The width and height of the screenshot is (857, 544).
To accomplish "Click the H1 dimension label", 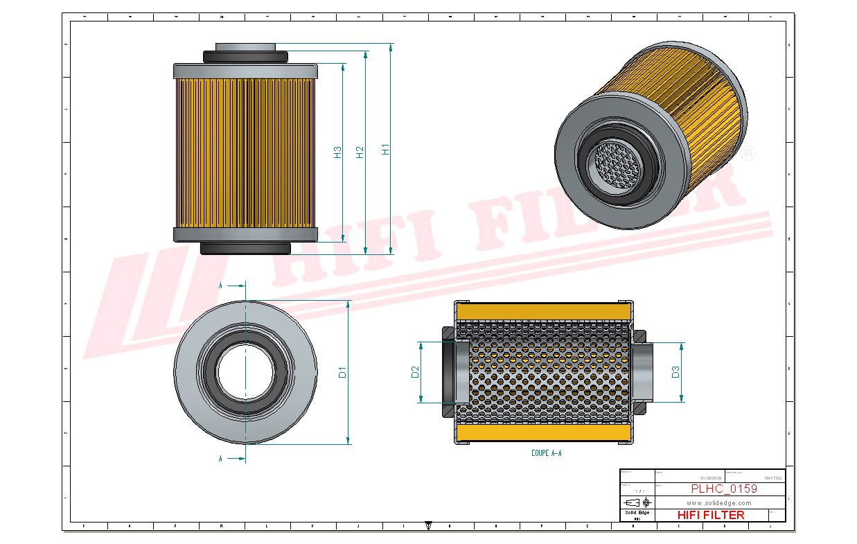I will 386,149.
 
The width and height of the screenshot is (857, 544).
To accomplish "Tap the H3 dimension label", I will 337,152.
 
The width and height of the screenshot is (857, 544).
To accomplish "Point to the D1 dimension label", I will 342,372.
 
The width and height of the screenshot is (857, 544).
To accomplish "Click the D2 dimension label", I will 415,372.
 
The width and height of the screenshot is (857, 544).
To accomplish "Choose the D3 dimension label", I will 675,372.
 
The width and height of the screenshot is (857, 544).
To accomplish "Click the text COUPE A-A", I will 546,453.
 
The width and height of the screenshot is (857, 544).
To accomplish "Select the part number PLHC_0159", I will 723,489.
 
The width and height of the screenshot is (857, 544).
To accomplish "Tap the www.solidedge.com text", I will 719,502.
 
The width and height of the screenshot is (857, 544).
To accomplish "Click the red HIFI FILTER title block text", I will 710,515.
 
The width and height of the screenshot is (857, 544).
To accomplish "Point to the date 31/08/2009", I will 711,478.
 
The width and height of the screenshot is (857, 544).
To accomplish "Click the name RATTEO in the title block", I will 773,478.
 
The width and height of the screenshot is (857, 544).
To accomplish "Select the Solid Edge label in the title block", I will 637,512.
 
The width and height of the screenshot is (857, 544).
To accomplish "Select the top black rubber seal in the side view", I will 245,55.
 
